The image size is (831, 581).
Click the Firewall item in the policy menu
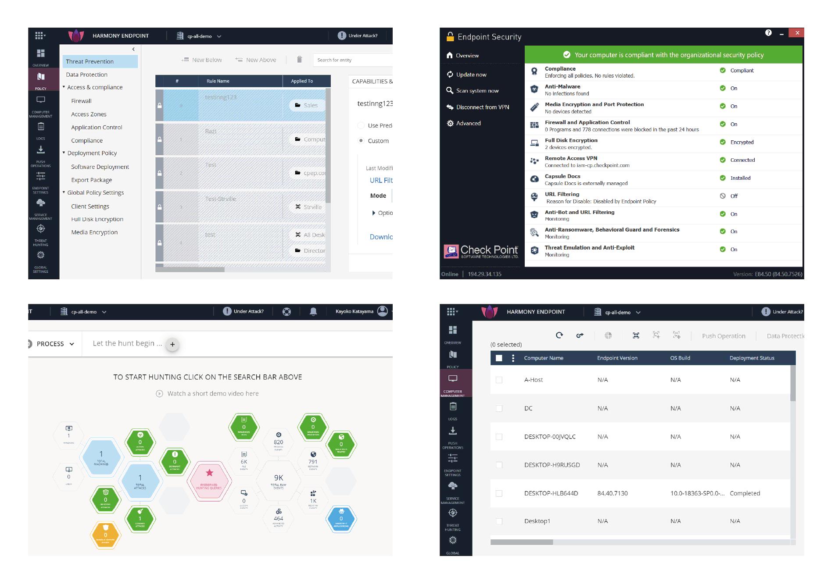click(81, 101)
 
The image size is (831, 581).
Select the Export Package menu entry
click(91, 180)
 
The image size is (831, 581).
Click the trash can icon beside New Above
click(299, 60)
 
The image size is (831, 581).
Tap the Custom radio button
click(361, 141)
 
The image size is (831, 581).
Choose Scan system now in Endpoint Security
click(477, 91)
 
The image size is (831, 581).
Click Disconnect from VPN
click(482, 107)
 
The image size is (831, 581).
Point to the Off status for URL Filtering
click(734, 196)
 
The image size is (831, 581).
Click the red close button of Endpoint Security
click(796, 33)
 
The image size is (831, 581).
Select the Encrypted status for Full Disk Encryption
click(741, 142)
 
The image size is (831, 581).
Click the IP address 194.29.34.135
click(484, 274)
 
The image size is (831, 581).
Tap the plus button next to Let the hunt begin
click(172, 344)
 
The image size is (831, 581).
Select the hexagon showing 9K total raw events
click(279, 481)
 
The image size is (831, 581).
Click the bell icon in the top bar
click(313, 311)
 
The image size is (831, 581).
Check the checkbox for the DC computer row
click(499, 408)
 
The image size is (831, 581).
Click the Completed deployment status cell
click(745, 493)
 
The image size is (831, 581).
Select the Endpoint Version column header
click(617, 358)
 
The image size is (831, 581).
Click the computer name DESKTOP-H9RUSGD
click(552, 465)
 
